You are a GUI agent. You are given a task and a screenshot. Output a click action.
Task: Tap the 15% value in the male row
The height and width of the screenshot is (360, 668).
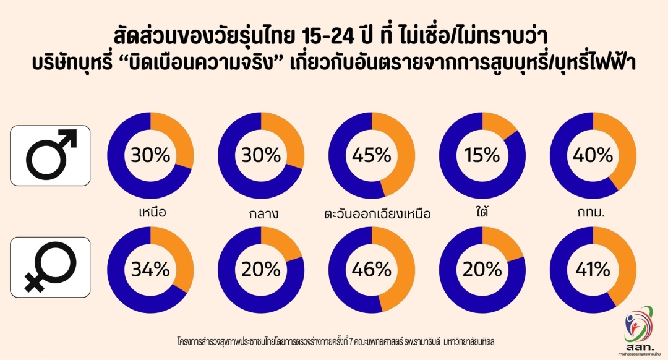pyautogui.click(x=482, y=156)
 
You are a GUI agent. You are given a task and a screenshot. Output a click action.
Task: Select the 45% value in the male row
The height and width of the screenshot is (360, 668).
pyautogui.click(x=372, y=156)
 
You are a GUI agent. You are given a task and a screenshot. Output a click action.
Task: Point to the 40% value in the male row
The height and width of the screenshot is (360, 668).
pyautogui.click(x=593, y=156)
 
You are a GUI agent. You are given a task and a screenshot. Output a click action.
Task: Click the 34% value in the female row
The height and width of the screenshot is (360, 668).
pyautogui.click(x=150, y=270)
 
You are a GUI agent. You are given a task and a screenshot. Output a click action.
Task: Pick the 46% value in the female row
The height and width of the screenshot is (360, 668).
pyautogui.click(x=372, y=270)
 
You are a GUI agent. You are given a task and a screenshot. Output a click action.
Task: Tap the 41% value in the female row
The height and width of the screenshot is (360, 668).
pyautogui.click(x=593, y=270)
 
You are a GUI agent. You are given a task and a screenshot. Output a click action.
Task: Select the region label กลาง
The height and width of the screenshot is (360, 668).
pyautogui.click(x=261, y=214)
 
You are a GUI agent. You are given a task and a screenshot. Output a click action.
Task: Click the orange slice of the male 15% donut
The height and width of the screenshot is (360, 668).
pyautogui.click(x=500, y=126)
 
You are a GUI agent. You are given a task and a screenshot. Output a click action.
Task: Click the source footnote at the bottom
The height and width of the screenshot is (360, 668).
pyautogui.click(x=334, y=341)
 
